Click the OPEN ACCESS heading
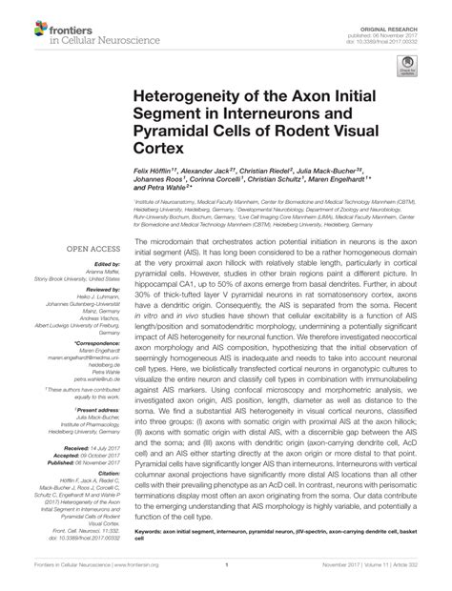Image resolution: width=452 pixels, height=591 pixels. pos(92,250)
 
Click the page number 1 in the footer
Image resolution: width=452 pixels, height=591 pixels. pos(227,576)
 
